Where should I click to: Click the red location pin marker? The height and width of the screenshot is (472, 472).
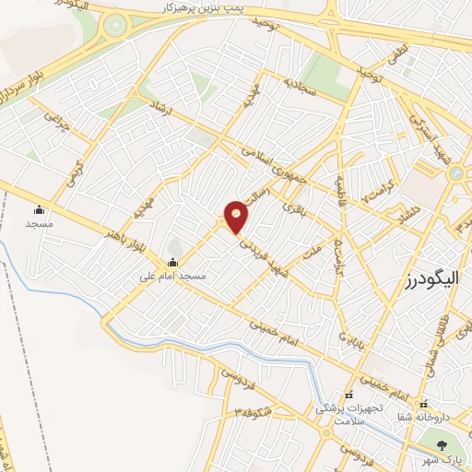[237, 217]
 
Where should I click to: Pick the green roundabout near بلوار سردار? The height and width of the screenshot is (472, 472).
[114, 28]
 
